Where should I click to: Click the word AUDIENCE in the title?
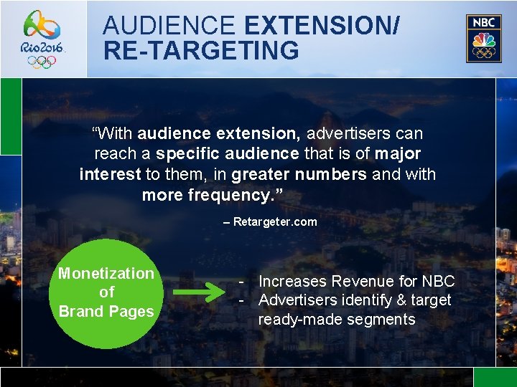click(169, 26)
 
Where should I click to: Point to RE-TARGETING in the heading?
click(201, 51)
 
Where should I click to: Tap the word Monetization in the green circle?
click(106, 274)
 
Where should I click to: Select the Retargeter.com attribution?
click(274, 222)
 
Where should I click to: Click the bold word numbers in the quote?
click(330, 175)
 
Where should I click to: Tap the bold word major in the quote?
click(397, 154)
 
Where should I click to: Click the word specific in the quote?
click(188, 154)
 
